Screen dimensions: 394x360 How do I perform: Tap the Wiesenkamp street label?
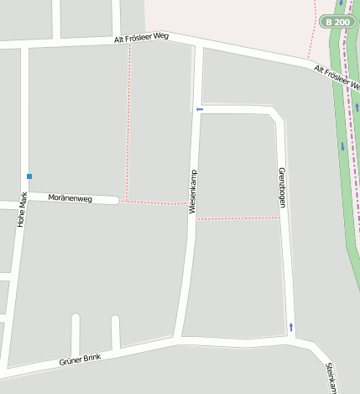[x=193, y=192]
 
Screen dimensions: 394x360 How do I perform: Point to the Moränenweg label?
[x=69, y=197]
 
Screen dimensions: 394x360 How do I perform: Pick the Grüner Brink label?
[x=81, y=360]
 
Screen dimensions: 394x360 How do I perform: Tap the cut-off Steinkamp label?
[x=331, y=377]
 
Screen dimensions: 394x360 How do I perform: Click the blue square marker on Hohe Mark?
[x=29, y=176]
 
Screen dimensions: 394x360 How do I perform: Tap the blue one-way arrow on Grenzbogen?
[x=291, y=326]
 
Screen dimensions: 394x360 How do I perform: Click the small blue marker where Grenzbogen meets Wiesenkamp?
[x=199, y=109]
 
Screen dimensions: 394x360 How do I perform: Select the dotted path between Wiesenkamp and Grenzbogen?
[x=237, y=219]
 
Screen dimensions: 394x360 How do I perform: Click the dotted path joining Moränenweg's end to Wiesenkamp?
[x=153, y=202]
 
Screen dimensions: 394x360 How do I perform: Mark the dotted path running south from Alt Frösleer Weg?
[x=128, y=118]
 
